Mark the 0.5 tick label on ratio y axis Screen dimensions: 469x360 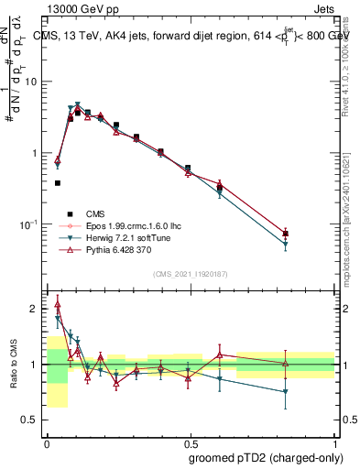point(31,420)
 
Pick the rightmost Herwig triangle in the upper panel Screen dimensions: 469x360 point(286,245)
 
